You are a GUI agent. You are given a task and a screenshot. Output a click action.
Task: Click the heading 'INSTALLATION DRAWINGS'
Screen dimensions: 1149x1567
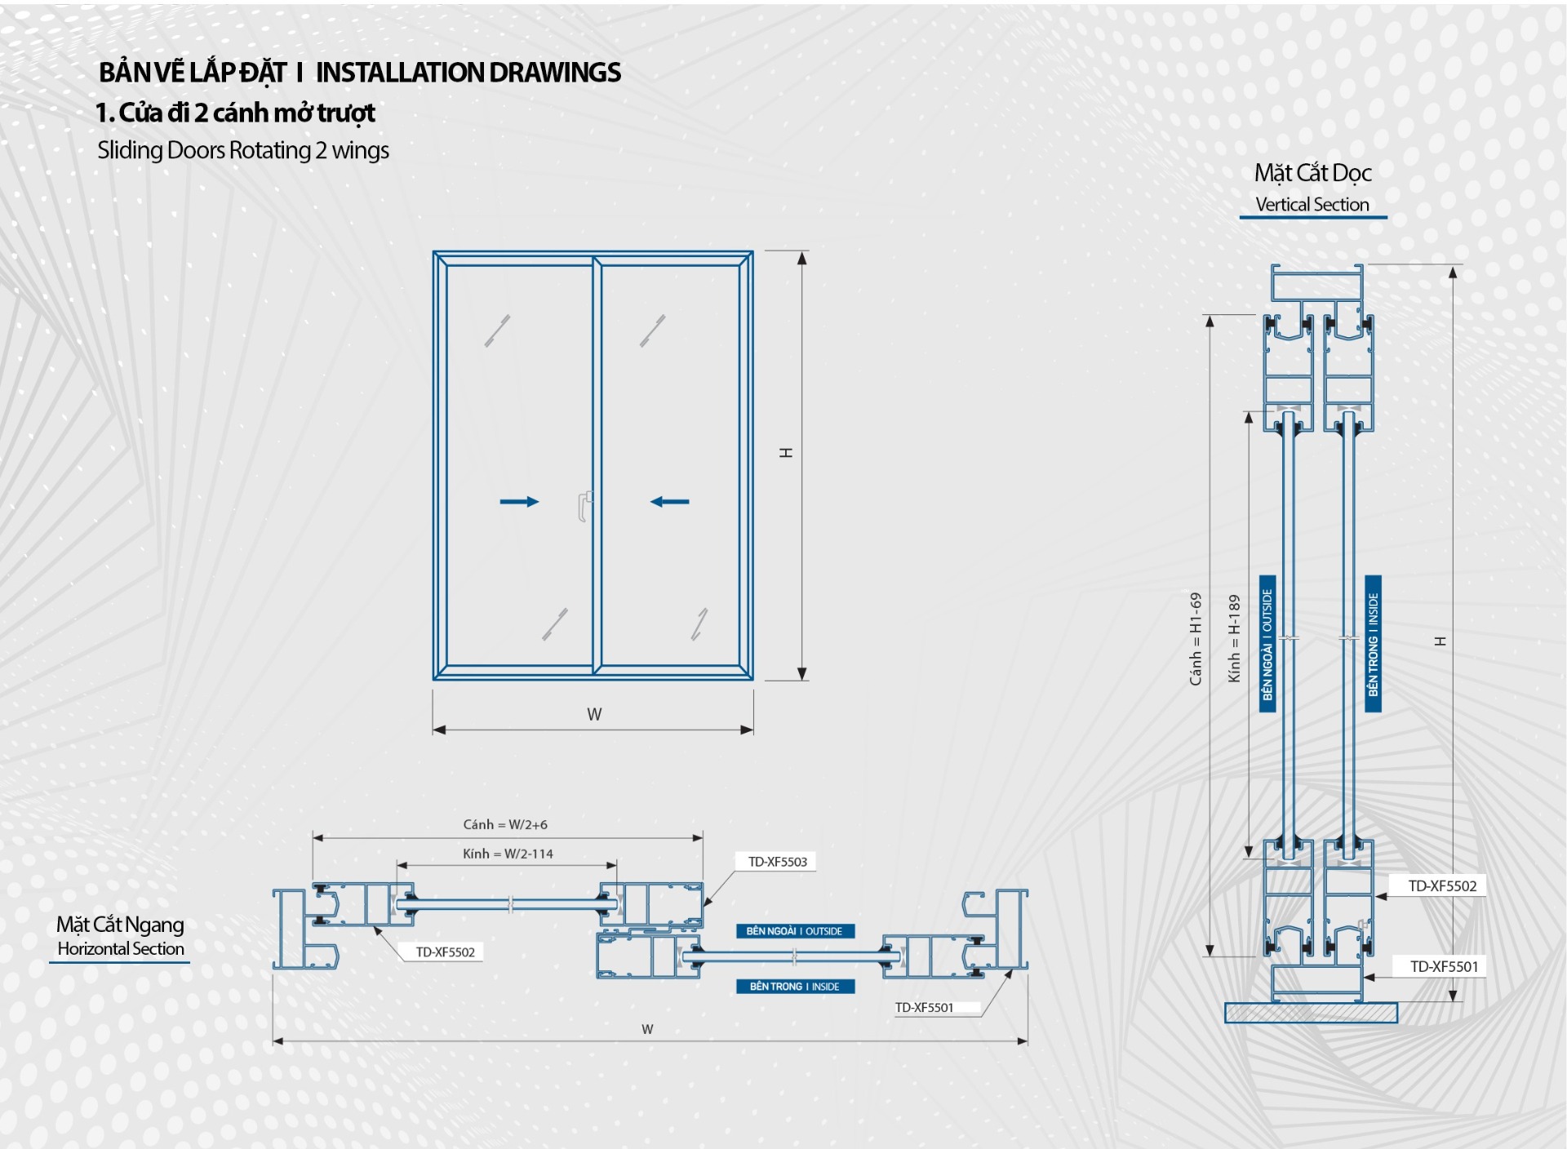tap(468, 73)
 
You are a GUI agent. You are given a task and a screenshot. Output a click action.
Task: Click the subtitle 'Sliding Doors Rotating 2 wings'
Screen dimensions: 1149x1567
tap(243, 150)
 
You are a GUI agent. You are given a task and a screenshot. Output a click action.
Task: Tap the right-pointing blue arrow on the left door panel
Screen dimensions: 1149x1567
tap(519, 501)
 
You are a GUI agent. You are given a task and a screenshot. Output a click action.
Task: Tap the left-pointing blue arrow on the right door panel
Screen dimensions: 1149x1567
tap(669, 501)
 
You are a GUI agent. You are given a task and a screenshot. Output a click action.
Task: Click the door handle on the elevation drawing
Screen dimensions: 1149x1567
tap(584, 505)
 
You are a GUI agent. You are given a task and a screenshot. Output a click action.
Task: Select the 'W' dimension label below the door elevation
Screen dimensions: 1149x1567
tap(594, 714)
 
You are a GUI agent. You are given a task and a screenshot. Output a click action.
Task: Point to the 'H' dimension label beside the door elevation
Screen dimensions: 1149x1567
tap(786, 453)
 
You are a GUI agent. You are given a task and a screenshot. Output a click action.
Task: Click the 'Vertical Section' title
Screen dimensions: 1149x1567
tap(1312, 204)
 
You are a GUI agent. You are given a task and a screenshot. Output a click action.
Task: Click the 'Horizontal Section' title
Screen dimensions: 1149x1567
tap(121, 948)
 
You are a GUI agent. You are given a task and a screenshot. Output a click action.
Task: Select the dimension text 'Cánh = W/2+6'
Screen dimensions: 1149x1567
tap(505, 824)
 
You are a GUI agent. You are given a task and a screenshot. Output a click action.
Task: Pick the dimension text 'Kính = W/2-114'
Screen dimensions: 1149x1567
tap(508, 854)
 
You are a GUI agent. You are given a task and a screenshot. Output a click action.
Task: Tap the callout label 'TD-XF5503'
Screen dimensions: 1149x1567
tap(777, 862)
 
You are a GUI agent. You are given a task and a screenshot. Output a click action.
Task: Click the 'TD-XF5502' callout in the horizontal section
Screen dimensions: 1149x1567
tap(445, 952)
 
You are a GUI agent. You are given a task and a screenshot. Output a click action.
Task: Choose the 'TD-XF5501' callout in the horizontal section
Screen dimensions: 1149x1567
tap(924, 1007)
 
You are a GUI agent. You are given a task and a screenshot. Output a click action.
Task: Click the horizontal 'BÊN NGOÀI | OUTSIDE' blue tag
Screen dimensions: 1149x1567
tap(794, 931)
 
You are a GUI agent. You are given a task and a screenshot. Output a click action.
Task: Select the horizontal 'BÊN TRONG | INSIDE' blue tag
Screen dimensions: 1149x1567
tap(794, 986)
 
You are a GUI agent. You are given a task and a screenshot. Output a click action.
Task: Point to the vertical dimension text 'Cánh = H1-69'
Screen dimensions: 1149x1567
tap(1196, 639)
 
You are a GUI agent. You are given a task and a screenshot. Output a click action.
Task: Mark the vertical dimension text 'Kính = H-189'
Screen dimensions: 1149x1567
tap(1234, 639)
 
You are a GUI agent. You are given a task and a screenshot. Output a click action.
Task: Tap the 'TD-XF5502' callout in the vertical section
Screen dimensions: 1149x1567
tap(1442, 886)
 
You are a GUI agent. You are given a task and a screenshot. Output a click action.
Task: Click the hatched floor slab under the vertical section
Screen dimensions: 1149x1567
tap(1311, 1013)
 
